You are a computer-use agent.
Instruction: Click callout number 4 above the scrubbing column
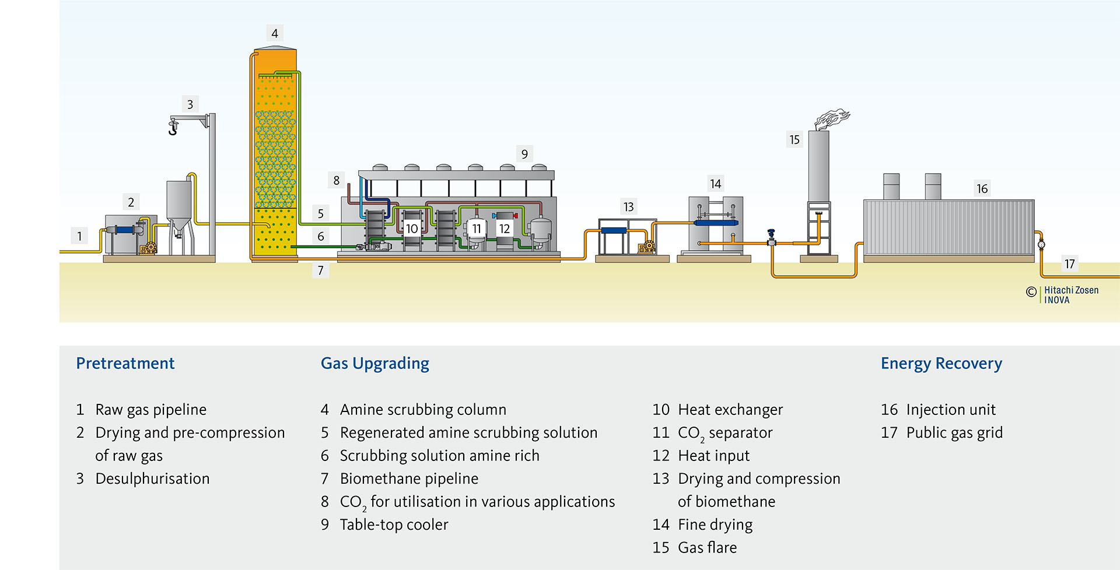[x=275, y=33]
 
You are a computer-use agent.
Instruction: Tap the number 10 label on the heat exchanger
[x=412, y=228]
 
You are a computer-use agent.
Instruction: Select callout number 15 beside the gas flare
[x=794, y=140]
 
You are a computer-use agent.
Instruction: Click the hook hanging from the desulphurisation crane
[x=173, y=128]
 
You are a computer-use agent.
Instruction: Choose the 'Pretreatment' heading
[x=125, y=363]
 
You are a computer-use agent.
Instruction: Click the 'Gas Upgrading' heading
[x=374, y=363]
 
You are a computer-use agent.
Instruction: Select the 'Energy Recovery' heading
[x=941, y=363]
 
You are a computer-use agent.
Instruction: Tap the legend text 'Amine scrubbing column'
[x=423, y=409]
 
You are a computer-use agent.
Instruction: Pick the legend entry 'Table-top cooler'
[x=394, y=525]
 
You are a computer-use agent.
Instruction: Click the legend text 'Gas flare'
[x=707, y=547]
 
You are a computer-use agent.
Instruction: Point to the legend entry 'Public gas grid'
[x=954, y=432]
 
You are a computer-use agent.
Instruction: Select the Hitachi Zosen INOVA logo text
[x=1071, y=295]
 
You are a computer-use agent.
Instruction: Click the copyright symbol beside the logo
[x=1031, y=292]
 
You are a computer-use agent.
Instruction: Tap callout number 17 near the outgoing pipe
[x=1069, y=264]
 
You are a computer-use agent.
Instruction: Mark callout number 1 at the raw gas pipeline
[x=80, y=236]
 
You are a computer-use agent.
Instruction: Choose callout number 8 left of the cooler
[x=337, y=181]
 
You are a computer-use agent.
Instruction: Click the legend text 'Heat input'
[x=713, y=455]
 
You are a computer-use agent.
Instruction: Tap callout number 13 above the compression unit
[x=628, y=207]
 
